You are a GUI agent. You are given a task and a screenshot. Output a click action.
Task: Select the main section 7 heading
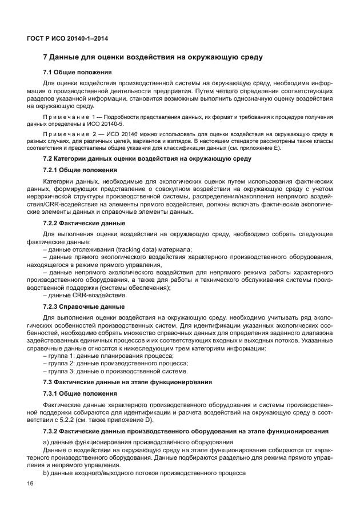point(153,58)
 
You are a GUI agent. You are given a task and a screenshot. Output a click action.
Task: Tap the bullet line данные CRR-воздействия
point(85,295)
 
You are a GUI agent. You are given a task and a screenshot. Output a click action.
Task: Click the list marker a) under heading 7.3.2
point(47,443)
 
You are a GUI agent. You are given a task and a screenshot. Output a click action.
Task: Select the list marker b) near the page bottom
point(47,474)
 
